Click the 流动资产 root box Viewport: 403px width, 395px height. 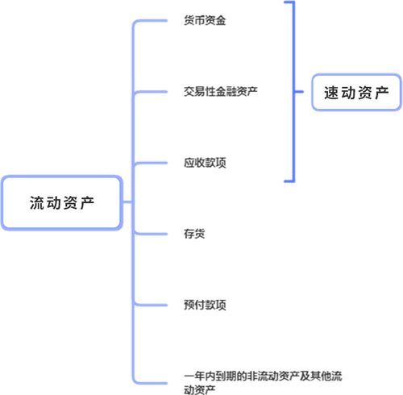pyautogui.click(x=62, y=202)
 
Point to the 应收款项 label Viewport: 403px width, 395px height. pyautogui.click(x=205, y=163)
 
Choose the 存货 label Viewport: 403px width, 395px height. pyautogui.click(x=194, y=234)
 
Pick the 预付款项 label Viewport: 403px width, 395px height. pyautogui.click(x=205, y=306)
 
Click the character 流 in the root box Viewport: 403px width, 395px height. pyautogui.click(x=38, y=202)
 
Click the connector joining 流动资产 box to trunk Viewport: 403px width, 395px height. pyautogui.click(x=127, y=202)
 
